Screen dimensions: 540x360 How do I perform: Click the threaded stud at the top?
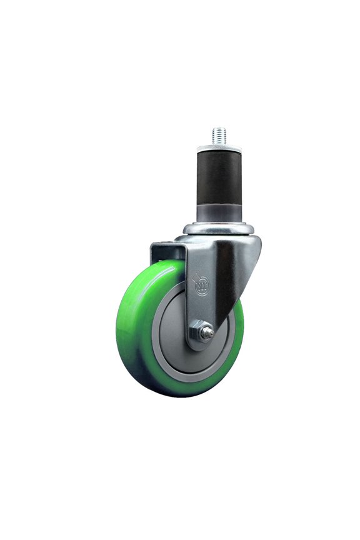[x=218, y=135]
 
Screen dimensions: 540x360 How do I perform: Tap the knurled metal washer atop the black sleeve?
[x=218, y=148]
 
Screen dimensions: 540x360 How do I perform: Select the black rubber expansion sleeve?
[x=218, y=181]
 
